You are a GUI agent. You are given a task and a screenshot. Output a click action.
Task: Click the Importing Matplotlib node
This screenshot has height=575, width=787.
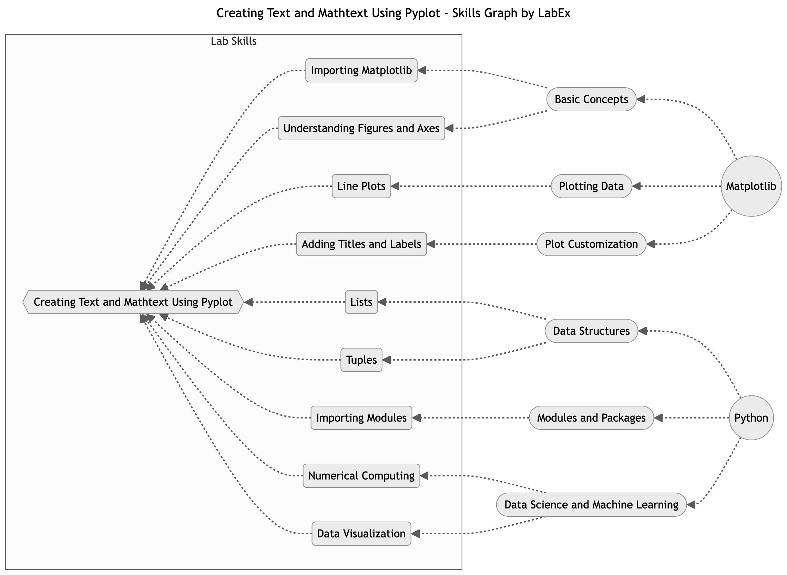coord(361,70)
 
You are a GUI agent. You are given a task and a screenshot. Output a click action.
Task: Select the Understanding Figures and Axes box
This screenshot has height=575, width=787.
coord(361,129)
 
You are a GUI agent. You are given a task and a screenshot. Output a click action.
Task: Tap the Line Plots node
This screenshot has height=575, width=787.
coord(361,186)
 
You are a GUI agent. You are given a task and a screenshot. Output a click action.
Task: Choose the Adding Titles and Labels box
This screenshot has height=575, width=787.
coord(361,244)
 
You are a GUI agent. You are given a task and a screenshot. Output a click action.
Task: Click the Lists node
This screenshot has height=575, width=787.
coord(361,302)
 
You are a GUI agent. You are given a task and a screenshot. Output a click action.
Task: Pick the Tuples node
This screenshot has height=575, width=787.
coord(361,360)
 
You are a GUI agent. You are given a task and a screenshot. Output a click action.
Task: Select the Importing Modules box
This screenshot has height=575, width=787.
coord(361,418)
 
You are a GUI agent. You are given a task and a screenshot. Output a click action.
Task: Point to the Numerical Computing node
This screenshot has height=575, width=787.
coord(361,476)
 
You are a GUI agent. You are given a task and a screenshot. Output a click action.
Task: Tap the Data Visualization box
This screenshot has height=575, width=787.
coord(361,534)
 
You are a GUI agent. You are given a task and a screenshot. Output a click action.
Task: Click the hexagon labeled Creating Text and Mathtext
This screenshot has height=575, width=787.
coord(133,302)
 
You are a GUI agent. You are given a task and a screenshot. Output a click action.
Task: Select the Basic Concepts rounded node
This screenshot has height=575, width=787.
coord(591,100)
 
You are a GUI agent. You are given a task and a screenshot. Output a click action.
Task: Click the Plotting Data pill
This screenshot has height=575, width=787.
coord(591,186)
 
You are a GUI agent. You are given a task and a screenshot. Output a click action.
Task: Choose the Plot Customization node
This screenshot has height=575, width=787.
coord(591,244)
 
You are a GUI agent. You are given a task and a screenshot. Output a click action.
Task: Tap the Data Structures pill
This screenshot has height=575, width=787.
coord(591,331)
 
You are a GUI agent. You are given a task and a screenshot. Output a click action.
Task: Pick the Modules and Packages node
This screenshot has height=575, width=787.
coord(591,418)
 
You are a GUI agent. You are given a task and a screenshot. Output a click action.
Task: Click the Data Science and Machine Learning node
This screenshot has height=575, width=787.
coord(591,505)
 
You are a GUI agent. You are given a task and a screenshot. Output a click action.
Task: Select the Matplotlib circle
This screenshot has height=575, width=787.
coord(751,186)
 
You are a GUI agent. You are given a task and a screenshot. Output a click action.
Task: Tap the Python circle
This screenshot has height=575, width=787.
coord(751,418)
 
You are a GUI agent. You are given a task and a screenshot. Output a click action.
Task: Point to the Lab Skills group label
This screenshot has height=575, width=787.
coord(234,41)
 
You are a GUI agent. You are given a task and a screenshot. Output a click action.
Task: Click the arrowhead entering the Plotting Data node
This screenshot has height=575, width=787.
coord(636,186)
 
